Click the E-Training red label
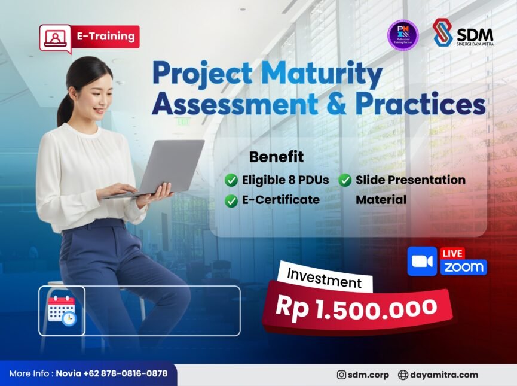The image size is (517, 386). point(105,37)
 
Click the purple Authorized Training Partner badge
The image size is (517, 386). point(403,35)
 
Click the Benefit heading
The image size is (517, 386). point(276,157)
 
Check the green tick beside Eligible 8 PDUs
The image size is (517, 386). point(231,180)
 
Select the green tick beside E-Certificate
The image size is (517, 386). point(231,201)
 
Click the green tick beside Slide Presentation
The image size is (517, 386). point(345,180)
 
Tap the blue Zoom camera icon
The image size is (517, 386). point(422,262)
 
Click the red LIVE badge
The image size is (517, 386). point(452,253)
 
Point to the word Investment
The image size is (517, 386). point(325,278)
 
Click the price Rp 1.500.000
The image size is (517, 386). point(356,308)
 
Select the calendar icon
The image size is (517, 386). point(62,311)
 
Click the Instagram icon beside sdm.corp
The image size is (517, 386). point(341,375)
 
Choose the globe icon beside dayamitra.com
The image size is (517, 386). point(403,375)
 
